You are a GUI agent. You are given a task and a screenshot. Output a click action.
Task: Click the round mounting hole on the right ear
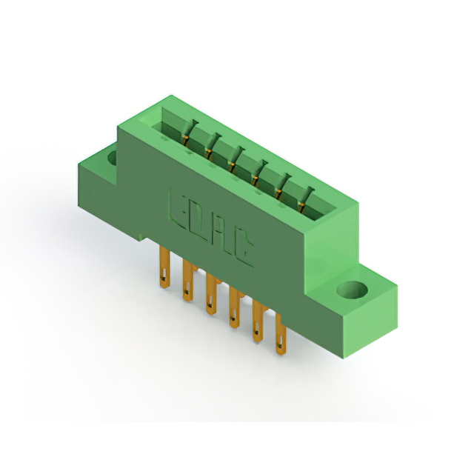pos(353,290)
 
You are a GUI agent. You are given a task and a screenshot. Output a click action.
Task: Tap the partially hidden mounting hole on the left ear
pos(113,158)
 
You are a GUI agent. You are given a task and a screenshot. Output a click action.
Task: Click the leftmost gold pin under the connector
pos(164,267)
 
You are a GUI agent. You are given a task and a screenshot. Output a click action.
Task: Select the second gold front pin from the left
pos(187,281)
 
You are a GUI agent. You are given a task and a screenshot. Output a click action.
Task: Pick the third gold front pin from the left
pos(211,293)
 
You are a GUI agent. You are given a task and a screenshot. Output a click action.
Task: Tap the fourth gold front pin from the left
pos(234,307)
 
